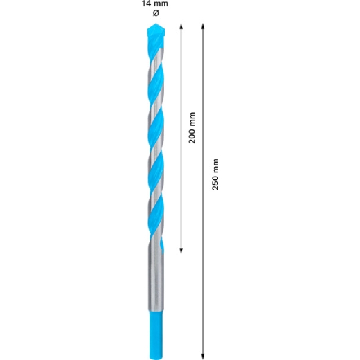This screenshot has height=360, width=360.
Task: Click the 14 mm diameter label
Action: pyautogui.click(x=155, y=3)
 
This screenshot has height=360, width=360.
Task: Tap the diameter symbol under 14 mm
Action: pyautogui.click(x=156, y=13)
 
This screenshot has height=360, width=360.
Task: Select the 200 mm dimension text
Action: pyautogui.click(x=192, y=127)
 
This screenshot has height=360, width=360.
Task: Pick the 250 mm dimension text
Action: pyautogui.click(x=215, y=174)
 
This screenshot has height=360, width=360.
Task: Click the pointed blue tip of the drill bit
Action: pyautogui.click(x=156, y=24)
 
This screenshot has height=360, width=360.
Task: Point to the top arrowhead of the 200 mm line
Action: pyautogui.click(x=181, y=26)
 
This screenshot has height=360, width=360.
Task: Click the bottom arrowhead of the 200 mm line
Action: pyautogui.click(x=181, y=251)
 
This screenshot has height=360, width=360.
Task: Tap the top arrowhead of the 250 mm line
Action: pyautogui.click(x=203, y=26)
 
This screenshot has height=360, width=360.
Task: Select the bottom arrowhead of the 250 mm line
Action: pyautogui.click(x=203, y=357)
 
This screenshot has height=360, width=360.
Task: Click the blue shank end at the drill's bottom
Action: pyautogui.click(x=156, y=335)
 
